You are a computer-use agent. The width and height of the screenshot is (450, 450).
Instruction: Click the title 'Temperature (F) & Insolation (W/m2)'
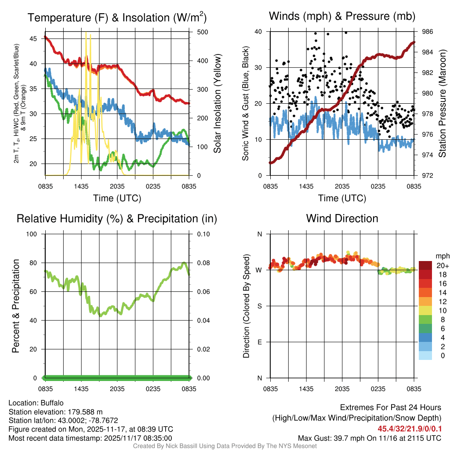[x=117, y=18]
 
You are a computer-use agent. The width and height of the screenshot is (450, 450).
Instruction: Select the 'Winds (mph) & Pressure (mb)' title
[x=342, y=16]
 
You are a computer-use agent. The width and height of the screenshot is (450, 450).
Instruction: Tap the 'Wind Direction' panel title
[x=342, y=218]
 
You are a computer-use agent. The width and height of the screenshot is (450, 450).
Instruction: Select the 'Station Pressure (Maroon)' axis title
[x=443, y=104]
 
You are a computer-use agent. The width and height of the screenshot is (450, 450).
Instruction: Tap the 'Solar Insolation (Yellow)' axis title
[x=217, y=104]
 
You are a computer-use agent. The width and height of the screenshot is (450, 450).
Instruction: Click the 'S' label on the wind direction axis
[x=259, y=306]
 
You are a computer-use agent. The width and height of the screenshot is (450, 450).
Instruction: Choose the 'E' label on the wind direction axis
[x=259, y=342]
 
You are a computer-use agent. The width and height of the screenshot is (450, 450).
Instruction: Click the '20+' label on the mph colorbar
[x=442, y=265]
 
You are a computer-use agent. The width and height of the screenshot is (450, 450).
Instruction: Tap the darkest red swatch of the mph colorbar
[x=425, y=265]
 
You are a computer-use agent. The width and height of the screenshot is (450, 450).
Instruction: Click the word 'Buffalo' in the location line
[x=52, y=403]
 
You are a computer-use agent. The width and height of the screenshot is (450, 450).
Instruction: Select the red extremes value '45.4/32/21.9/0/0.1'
[x=409, y=428]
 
